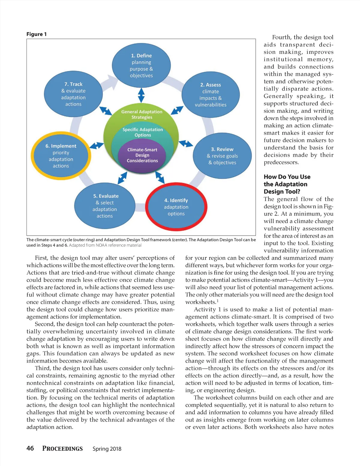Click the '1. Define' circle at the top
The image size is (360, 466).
[x=141, y=65]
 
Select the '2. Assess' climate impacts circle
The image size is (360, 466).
[x=210, y=95]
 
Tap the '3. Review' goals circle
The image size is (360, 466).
[x=222, y=156]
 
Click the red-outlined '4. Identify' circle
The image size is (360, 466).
[x=176, y=207]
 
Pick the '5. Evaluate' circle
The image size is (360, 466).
[x=105, y=206]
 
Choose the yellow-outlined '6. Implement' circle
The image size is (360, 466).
[x=61, y=156]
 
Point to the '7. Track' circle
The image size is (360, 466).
[x=73, y=94]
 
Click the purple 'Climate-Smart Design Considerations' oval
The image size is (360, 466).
[x=142, y=155]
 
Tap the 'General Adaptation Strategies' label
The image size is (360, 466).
[x=142, y=114]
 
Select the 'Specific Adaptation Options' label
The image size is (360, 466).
[x=142, y=132]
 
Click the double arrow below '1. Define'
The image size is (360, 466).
[x=141, y=95]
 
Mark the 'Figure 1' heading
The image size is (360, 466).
[x=37, y=34]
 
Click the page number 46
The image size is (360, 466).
[x=30, y=448]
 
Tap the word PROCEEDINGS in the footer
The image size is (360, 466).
[x=62, y=449]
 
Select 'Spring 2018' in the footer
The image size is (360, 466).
[x=107, y=449]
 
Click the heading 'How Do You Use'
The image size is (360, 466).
[x=287, y=177]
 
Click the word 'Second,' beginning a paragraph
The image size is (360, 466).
[x=45, y=324]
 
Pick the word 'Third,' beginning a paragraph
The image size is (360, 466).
[x=43, y=368]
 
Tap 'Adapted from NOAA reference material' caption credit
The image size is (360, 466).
[x=105, y=245]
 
